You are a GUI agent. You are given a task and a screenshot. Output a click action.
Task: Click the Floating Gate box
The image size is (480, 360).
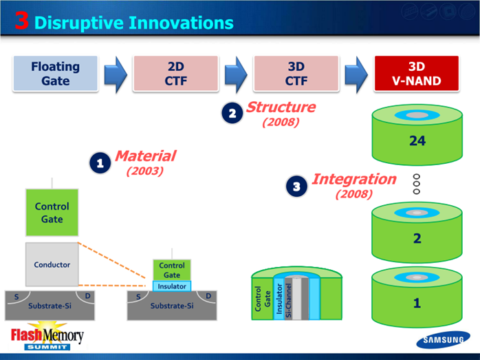click(56, 74)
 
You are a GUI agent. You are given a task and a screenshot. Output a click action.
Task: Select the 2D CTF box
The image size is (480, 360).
click(176, 74)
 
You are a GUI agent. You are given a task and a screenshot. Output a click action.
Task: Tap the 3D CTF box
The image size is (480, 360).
click(296, 74)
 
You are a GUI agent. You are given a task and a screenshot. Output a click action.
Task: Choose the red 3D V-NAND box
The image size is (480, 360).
click(417, 74)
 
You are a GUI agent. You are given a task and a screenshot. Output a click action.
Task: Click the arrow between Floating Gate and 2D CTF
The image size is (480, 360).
click(116, 74)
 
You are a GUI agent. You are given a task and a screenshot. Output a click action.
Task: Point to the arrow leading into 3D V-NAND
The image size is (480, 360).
click(356, 74)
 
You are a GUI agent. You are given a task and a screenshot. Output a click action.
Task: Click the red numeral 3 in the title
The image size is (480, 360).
click(22, 21)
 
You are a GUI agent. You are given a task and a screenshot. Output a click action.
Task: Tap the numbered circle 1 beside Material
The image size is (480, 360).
click(100, 163)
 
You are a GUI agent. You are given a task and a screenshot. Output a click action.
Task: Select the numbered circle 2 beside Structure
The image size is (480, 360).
click(232, 113)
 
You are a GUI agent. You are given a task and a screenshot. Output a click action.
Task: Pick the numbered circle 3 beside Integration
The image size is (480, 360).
click(296, 187)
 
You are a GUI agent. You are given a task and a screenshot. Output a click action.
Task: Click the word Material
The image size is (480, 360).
click(145, 156)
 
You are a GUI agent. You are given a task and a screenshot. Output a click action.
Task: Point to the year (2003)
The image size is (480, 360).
click(145, 171)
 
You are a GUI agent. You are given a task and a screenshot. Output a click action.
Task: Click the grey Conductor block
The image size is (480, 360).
click(52, 264)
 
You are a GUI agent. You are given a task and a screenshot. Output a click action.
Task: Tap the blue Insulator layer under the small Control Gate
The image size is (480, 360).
click(172, 286)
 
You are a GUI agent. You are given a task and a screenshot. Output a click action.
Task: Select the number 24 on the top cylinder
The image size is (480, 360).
click(417, 140)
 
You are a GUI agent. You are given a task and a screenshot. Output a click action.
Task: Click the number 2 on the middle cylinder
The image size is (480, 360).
click(417, 238)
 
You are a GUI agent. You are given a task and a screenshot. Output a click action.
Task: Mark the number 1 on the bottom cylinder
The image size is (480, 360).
click(417, 303)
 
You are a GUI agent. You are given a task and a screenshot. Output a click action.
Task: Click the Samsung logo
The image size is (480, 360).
click(443, 339)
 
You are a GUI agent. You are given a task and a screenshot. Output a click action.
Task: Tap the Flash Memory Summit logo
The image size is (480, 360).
click(47, 335)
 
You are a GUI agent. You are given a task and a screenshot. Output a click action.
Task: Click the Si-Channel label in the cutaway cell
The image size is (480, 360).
click(288, 300)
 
